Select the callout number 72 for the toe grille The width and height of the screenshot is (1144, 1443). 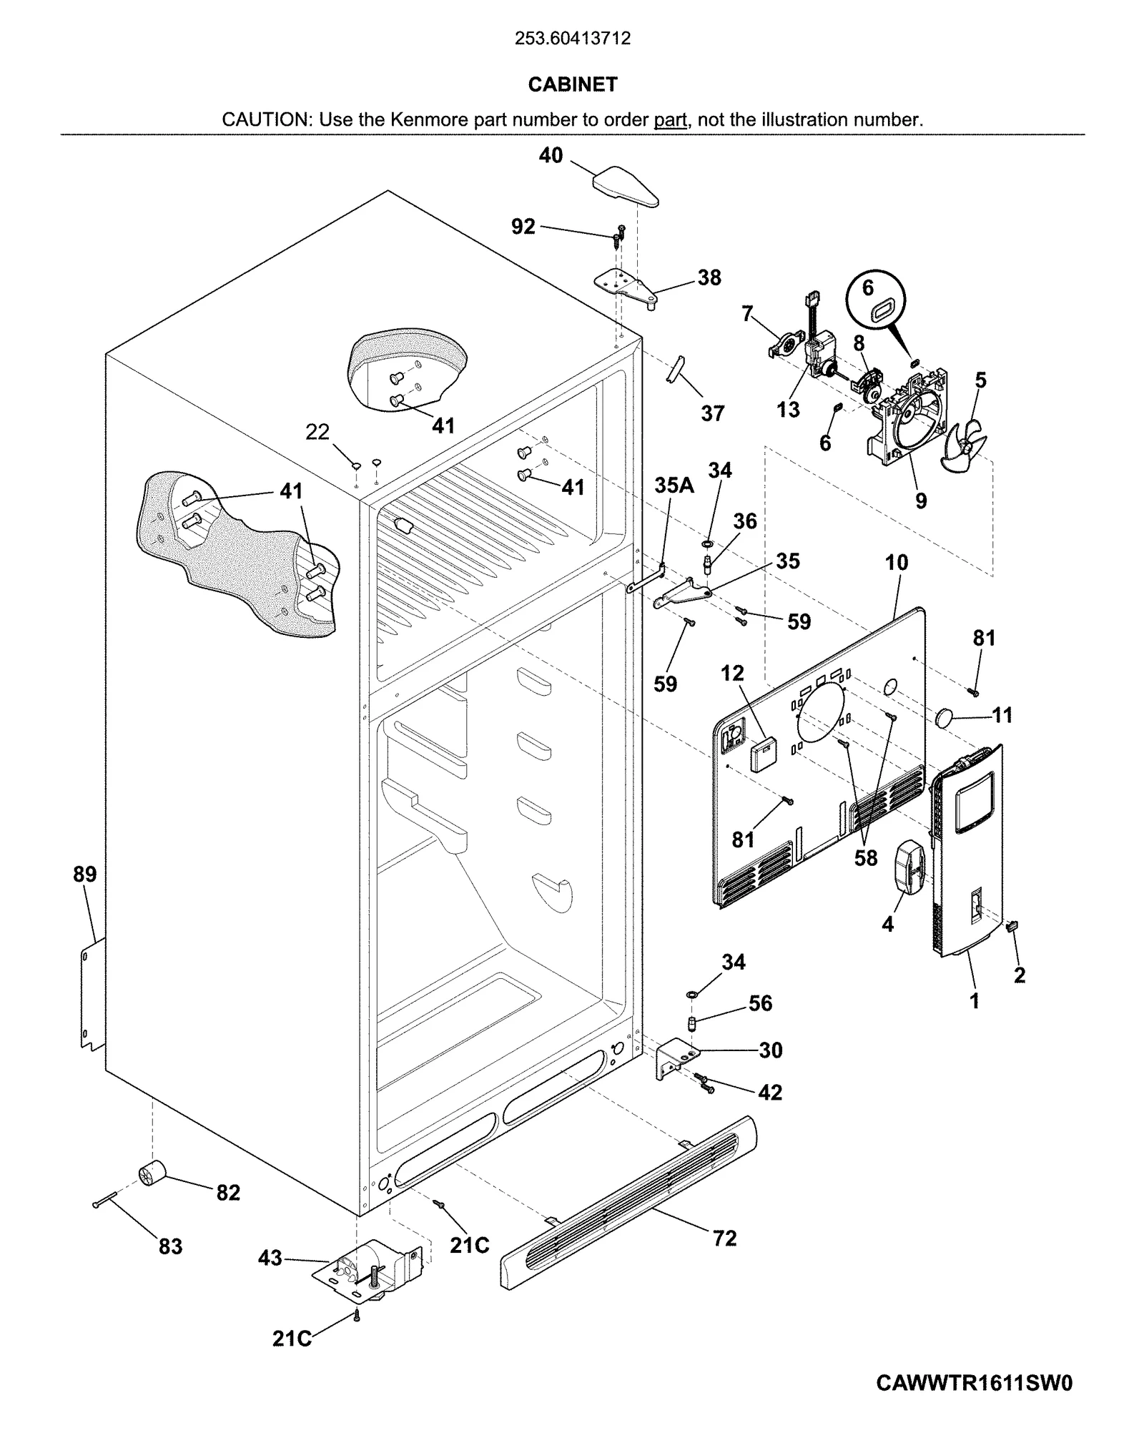point(724,1238)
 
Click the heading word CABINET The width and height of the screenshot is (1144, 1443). point(572,84)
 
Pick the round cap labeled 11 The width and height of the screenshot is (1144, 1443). point(947,716)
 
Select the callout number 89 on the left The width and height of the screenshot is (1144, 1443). point(84,874)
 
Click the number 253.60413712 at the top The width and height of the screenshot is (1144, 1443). point(572,39)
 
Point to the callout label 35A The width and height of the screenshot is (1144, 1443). point(674,486)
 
